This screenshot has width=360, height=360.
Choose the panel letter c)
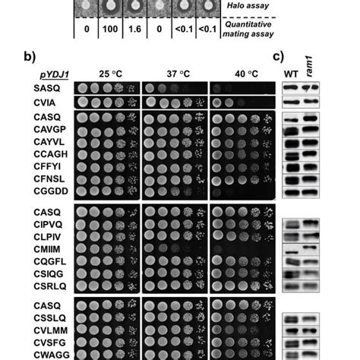(279, 57)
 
